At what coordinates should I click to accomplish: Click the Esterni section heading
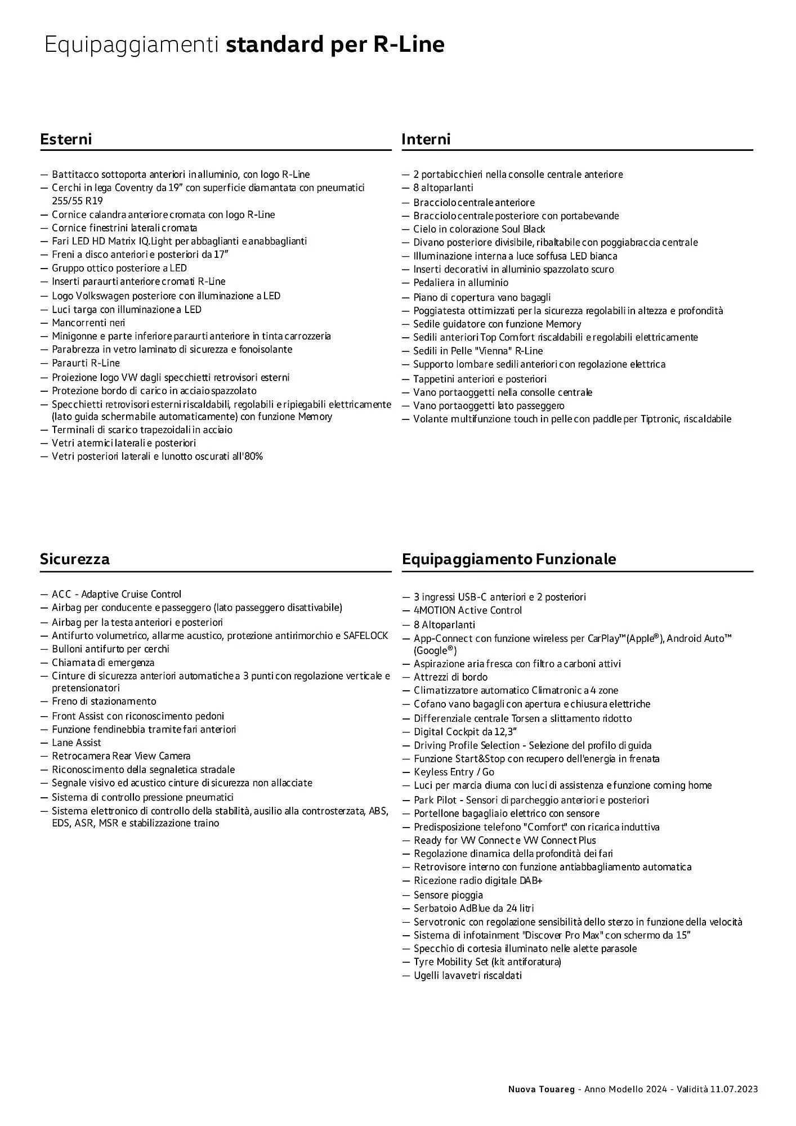pos(66,139)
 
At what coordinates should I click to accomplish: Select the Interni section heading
pos(426,139)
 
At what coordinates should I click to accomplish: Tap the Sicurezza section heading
pos(75,559)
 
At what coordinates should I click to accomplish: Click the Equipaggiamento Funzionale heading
pos(509,559)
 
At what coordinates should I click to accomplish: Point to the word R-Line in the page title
pos(409,44)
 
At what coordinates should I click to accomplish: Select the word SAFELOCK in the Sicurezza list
pos(366,636)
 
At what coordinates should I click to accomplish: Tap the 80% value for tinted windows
pos(253,457)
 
